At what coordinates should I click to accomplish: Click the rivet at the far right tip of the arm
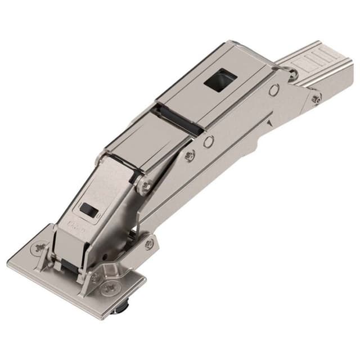(316, 100)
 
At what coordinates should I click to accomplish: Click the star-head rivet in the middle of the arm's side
(190, 156)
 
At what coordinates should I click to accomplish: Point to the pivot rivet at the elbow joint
(146, 185)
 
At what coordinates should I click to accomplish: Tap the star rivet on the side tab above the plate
(148, 244)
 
